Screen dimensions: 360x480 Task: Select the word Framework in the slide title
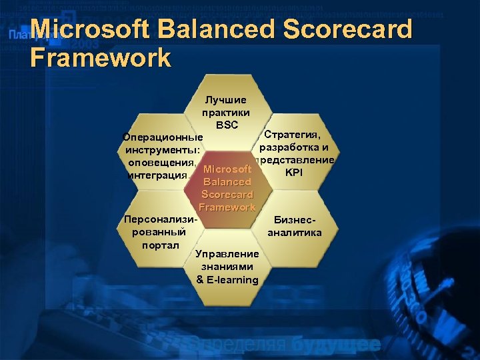pos(101,58)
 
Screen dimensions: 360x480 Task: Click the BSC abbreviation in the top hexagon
pos(227,125)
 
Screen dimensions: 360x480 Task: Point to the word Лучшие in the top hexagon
pos(225,100)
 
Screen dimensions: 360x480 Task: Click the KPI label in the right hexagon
pos(293,172)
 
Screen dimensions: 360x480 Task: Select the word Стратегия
pos(293,136)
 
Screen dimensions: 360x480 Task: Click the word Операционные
pos(163,137)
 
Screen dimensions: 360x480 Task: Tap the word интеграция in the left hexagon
pos(154,175)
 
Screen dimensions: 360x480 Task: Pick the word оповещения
pos(161,162)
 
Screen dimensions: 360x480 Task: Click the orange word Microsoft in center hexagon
pos(227,169)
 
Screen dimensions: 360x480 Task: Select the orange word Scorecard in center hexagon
pos(227,194)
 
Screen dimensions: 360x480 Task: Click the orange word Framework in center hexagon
pos(227,207)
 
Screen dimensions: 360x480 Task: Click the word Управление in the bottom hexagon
pos(227,254)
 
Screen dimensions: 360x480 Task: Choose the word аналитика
pos(294,233)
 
